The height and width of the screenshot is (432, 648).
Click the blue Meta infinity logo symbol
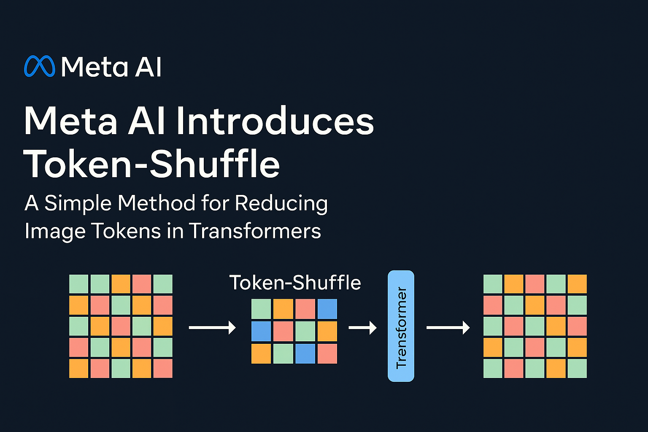(x=40, y=66)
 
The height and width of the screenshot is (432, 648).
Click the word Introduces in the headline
(x=275, y=121)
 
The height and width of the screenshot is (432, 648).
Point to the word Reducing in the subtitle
(x=281, y=203)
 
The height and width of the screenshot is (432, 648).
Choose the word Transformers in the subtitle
(x=255, y=231)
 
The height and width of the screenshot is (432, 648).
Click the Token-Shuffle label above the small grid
(x=295, y=283)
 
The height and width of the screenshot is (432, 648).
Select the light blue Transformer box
(x=401, y=326)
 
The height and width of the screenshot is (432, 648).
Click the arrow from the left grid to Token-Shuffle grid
(x=212, y=327)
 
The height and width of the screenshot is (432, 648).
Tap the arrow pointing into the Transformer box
(x=362, y=327)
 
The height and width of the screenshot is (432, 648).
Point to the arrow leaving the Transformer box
(x=448, y=327)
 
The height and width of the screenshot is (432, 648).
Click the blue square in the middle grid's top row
(x=327, y=309)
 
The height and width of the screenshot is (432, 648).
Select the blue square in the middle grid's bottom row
(x=305, y=354)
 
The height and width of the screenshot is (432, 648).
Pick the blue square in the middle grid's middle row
(x=261, y=331)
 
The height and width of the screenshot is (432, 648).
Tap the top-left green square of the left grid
(x=79, y=284)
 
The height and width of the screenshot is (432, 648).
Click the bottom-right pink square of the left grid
(x=163, y=368)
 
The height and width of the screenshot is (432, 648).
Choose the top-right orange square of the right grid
(x=577, y=284)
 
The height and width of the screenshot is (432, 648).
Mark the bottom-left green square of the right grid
(x=493, y=368)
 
